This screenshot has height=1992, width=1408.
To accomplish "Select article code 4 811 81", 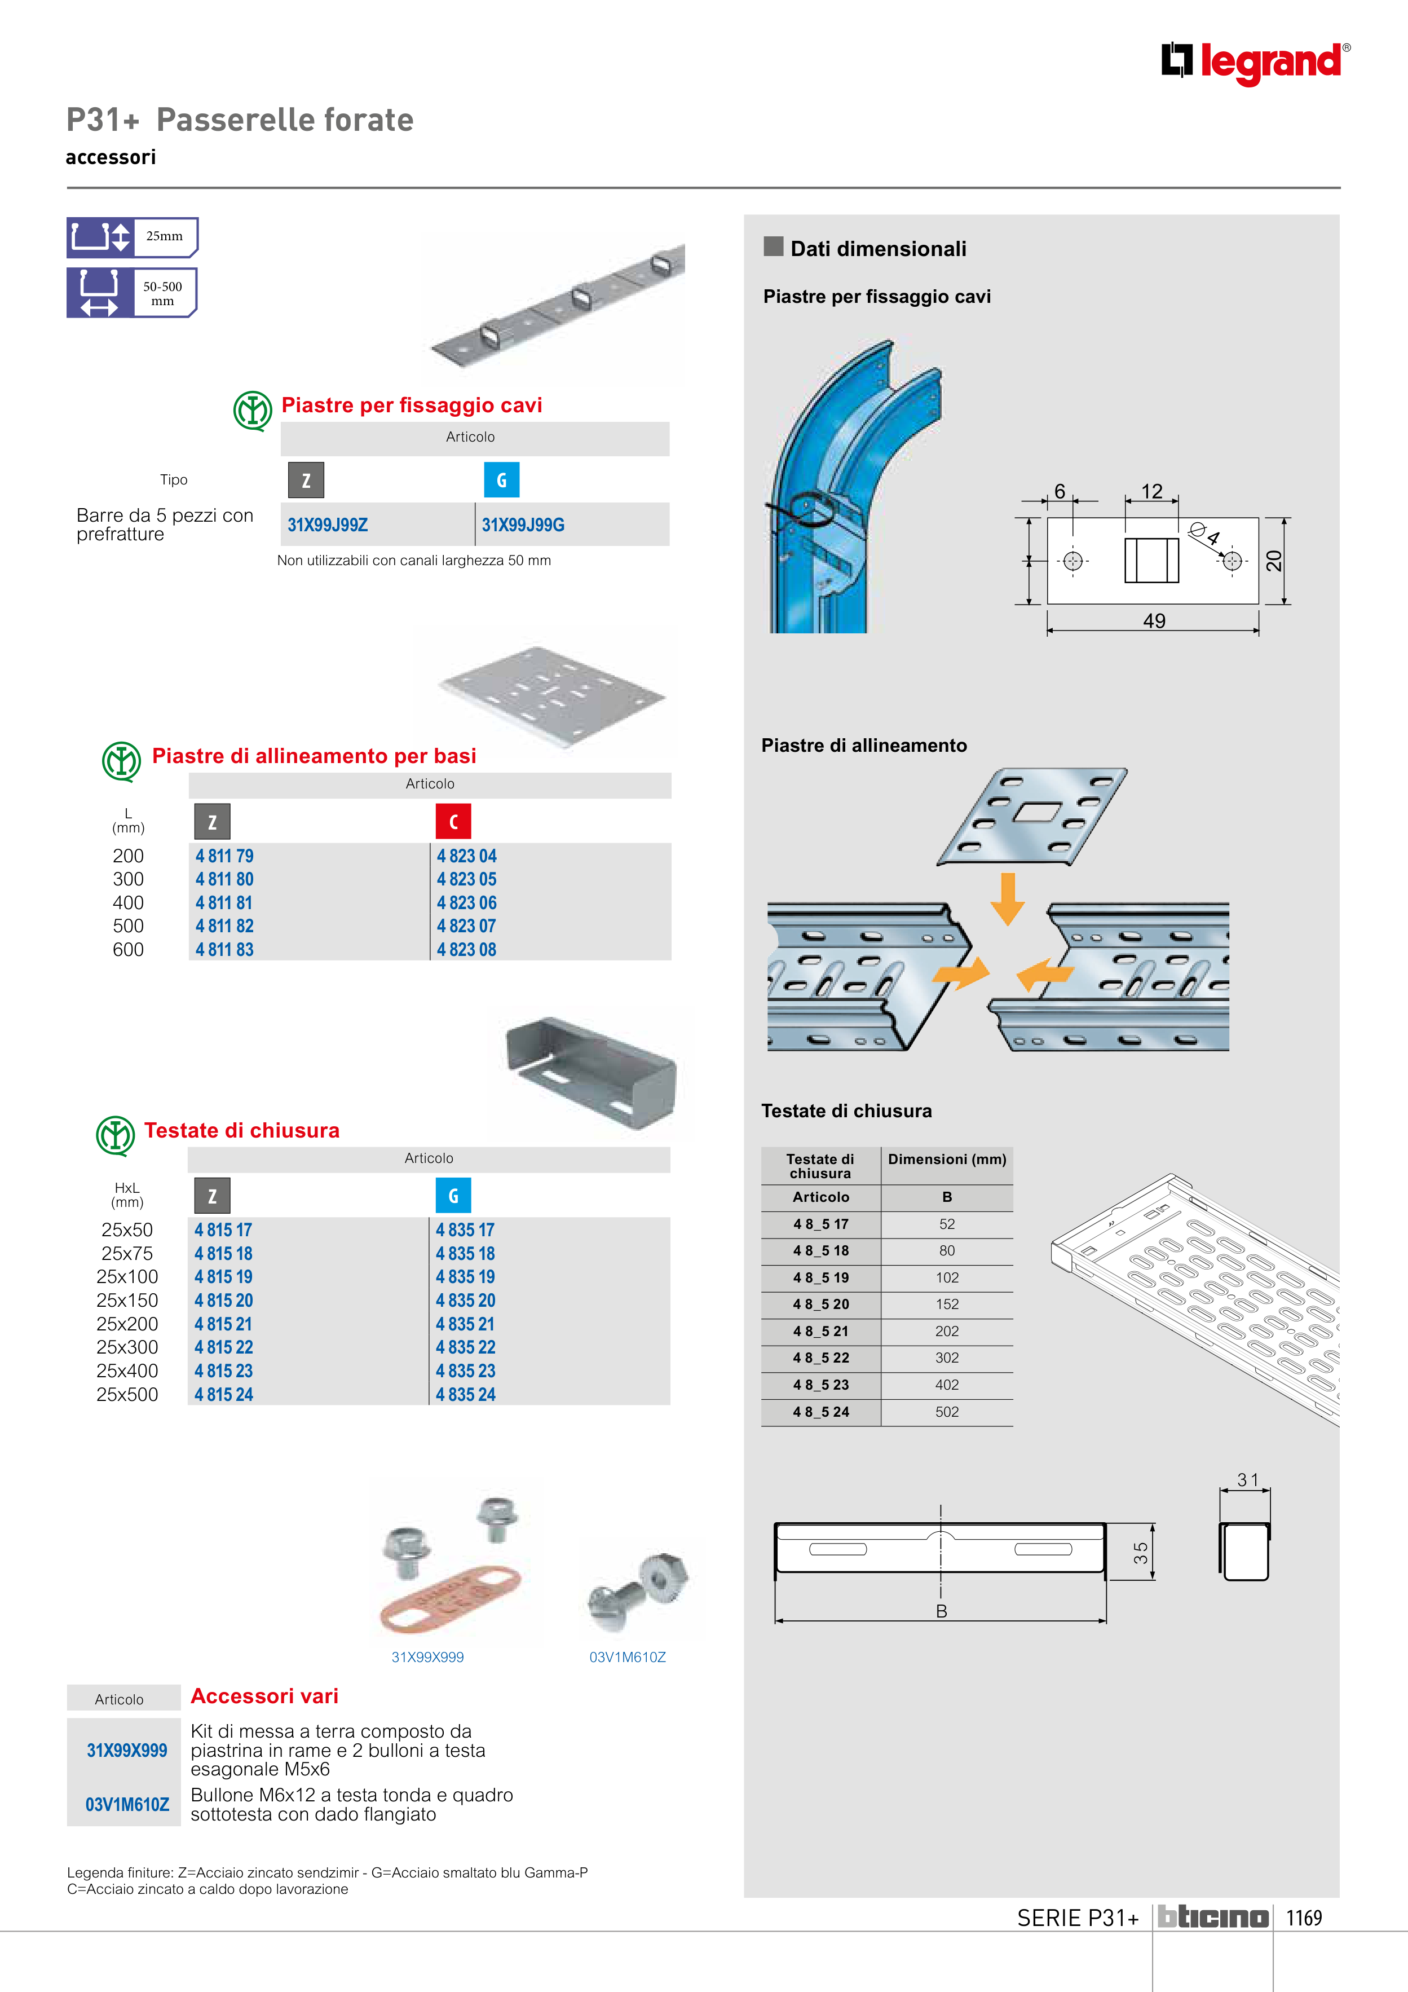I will coord(224,903).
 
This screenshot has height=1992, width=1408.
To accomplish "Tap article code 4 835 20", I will coord(465,1301).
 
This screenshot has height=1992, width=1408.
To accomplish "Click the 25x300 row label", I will coord(127,1347).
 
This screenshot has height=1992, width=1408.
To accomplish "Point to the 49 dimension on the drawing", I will coord(1154,621).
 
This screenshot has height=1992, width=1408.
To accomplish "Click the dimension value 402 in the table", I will coord(947,1385).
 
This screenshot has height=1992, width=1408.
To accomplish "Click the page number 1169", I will coord(1303,1918).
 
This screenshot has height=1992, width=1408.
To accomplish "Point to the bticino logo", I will coord(1213,1918).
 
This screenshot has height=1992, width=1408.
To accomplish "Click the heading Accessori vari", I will coord(264,1696).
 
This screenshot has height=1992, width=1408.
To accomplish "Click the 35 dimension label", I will coord(1141,1553).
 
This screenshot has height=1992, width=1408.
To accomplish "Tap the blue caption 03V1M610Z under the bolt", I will coord(627,1657).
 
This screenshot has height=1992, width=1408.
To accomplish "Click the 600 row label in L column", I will coord(129,950).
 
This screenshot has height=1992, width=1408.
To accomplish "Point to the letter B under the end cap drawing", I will coord(941,1611).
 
